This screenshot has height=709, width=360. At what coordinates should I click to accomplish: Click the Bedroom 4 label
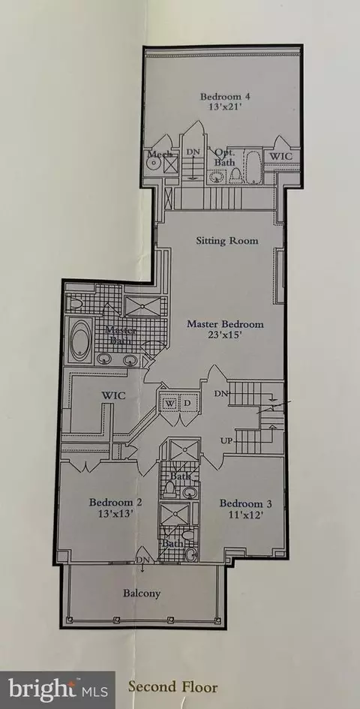pos(225,96)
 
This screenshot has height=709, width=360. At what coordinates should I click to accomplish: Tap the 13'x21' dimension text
pos(225,107)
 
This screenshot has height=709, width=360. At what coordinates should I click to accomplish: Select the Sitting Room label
pos(227,241)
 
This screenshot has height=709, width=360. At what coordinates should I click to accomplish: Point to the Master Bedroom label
pos(225,324)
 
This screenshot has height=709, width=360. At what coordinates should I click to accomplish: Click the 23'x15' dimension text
pos(225,335)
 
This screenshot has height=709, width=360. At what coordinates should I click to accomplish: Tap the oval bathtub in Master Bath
pos(82,341)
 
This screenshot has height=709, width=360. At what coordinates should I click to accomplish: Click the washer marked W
pos(170,403)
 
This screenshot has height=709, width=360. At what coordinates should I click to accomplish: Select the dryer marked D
pos(188,403)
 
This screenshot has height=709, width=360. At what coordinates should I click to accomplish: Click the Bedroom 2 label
pos(115,503)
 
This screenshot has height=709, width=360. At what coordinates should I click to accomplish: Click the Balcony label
pos(142,593)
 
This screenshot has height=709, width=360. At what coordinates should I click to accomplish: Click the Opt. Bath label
pos(223,157)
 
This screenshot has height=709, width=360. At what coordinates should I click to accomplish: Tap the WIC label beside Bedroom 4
pos(280,156)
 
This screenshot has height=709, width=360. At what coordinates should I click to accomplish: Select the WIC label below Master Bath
pos(113,395)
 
